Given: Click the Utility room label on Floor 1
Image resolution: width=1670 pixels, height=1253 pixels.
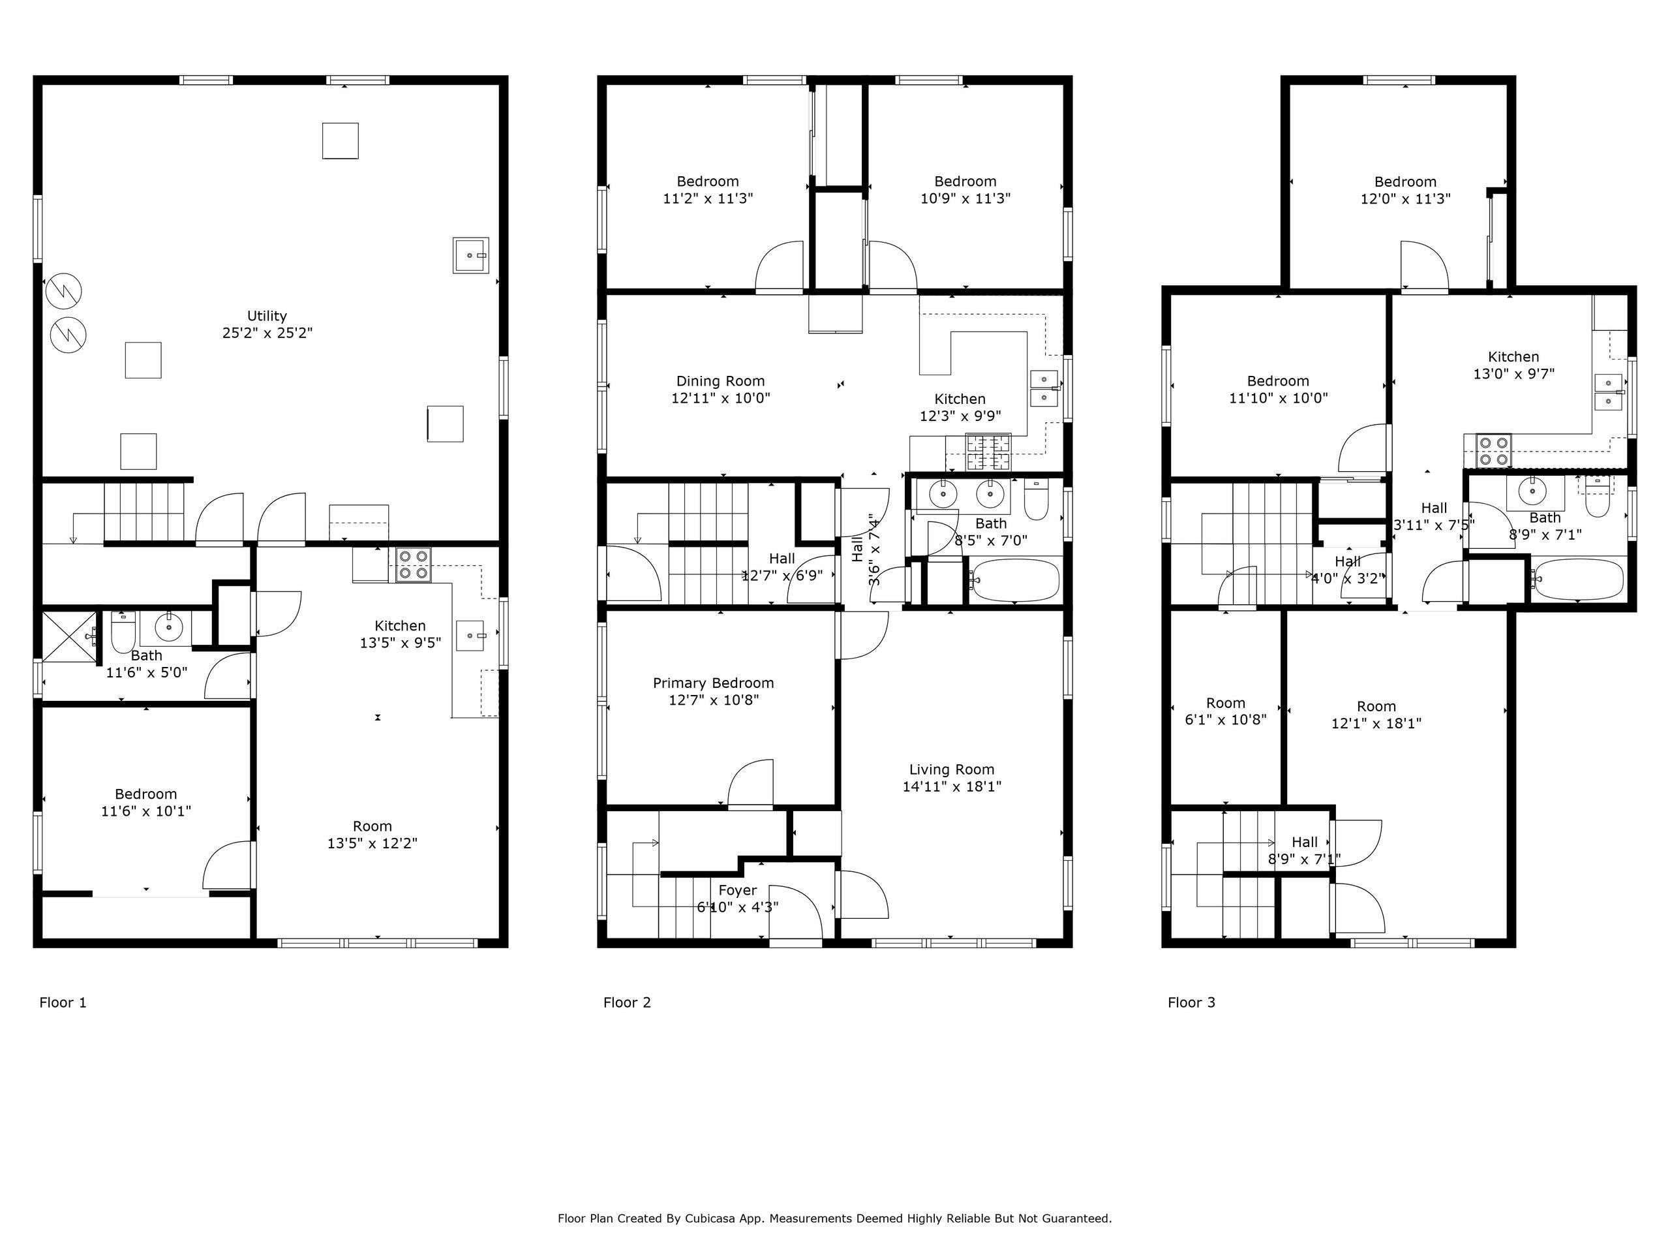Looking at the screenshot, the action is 267,316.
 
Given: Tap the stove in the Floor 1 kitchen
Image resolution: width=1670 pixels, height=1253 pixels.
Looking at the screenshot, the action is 414,565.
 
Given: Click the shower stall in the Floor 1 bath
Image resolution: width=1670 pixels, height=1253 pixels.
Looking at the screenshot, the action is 69,638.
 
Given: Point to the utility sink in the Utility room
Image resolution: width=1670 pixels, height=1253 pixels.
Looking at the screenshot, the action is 471,255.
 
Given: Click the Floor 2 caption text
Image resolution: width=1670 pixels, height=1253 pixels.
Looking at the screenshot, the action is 627,1002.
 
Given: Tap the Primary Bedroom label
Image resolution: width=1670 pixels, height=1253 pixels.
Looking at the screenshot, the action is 714,683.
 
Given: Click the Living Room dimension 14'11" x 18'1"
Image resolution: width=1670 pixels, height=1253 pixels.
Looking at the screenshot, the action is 952,786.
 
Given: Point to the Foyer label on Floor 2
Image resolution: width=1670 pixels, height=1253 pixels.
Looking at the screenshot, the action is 738,890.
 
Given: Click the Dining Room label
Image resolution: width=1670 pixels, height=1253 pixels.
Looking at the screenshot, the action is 720,380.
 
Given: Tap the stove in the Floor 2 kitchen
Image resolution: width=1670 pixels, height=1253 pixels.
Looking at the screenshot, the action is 989,452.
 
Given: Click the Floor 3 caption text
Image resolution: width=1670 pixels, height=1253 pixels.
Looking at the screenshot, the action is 1191,1002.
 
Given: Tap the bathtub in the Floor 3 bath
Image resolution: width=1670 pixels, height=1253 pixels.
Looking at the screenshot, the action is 1577,580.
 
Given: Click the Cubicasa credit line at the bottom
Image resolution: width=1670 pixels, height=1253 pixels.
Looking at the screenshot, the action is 835,1218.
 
